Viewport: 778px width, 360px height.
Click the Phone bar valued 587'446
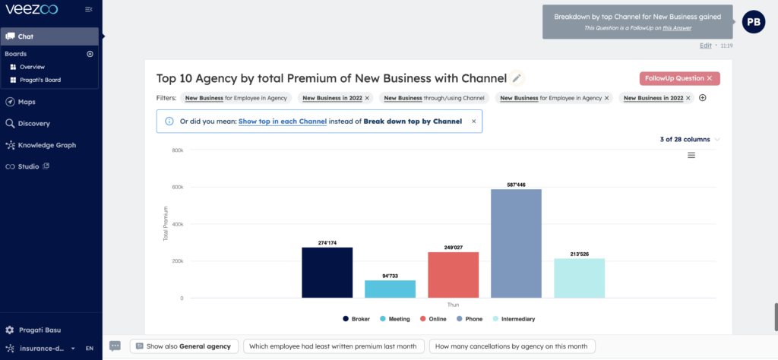coord(516,243)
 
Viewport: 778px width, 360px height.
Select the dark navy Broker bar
coord(327,272)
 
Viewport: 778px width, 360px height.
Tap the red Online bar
coord(453,274)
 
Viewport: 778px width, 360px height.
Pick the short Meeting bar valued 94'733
coord(390,289)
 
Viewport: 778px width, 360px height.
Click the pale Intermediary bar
coord(579,278)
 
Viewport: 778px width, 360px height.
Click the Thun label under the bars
coord(453,305)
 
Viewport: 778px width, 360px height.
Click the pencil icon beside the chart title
coord(517,78)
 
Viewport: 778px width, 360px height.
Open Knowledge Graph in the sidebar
coord(46,145)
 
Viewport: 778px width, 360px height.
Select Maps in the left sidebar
coord(27,102)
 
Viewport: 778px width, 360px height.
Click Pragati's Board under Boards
coord(40,80)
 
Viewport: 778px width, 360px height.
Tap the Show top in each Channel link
coord(282,122)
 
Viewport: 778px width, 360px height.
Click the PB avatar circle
coord(753,22)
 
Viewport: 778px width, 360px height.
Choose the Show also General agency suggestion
coord(183,346)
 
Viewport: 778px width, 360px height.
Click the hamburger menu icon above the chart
coord(691,156)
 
